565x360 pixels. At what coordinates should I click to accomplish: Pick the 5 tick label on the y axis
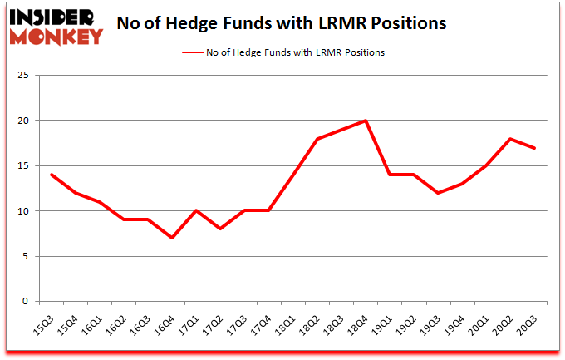pos(27,256)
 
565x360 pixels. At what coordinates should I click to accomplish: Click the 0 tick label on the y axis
pos(27,302)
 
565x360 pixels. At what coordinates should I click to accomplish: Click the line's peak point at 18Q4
pos(366,121)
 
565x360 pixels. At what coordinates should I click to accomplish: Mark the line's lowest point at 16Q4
pos(172,238)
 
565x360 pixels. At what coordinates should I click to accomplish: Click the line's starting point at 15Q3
pos(52,175)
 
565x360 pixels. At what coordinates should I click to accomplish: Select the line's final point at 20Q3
pos(534,148)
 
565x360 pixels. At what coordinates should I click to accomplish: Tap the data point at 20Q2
pos(510,139)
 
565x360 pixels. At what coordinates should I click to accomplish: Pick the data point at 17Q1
pos(196,211)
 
